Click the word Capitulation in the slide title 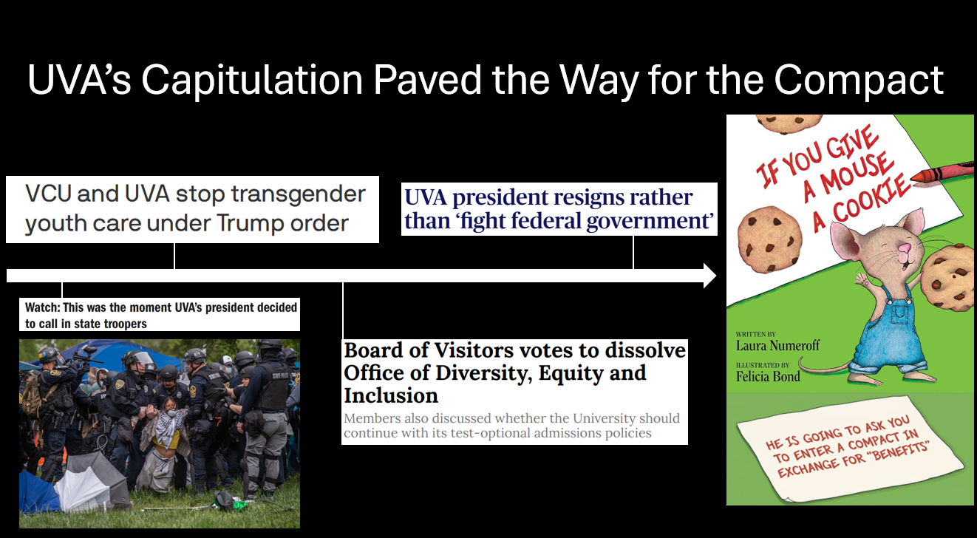252,79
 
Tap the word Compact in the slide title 859,79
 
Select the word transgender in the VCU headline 299,194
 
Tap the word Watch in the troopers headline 42,307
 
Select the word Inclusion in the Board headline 391,396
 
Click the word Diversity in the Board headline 483,373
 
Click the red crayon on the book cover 942,173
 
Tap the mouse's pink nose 904,248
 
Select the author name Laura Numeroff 777,345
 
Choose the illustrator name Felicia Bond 768,376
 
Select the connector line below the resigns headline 633,253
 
